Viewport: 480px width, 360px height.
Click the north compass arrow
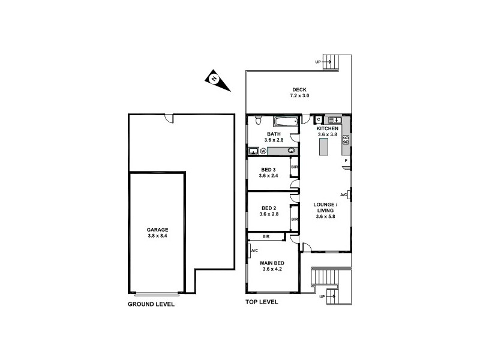217,80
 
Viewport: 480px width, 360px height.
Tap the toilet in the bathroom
257,121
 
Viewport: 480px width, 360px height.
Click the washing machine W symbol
263,151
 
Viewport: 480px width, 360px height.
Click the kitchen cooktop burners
346,142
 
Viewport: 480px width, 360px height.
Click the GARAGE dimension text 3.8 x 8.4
158,236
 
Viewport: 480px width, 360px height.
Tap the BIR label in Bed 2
295,220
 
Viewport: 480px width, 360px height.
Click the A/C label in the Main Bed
254,250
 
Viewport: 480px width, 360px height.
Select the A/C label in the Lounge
344,195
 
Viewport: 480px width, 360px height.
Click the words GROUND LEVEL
151,304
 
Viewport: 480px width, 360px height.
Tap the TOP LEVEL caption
262,302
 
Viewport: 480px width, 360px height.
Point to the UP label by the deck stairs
318,62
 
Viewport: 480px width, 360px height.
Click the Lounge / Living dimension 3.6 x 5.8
325,217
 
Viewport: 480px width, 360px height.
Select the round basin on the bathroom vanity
292,150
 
